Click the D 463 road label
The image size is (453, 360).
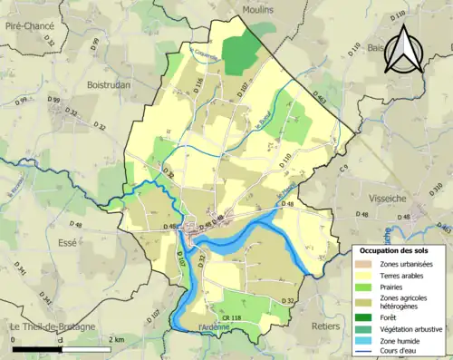(319, 95)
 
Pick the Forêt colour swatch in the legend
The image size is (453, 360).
(365, 316)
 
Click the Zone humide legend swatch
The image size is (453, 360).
(365, 343)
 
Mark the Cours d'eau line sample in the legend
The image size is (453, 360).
(365, 355)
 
